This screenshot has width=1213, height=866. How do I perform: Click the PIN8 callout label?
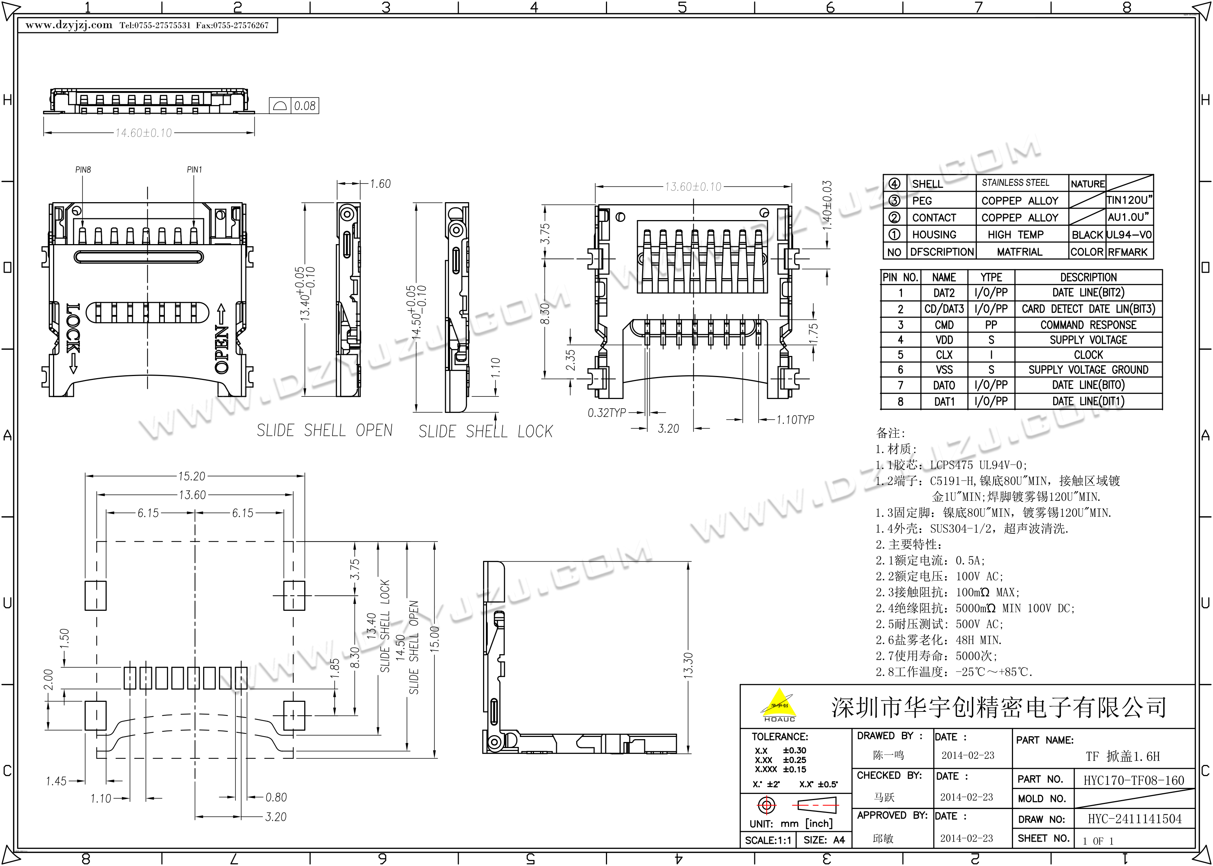pos(83,170)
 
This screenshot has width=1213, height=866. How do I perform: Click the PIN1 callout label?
pos(195,170)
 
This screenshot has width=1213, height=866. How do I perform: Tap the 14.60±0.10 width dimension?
pos(144,133)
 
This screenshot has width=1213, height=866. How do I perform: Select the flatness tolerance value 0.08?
pos(305,106)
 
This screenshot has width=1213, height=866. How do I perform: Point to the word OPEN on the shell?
pos(222,349)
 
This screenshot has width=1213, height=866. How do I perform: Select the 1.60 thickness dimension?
pos(380,184)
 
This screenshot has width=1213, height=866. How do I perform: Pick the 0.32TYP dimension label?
pos(606,413)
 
